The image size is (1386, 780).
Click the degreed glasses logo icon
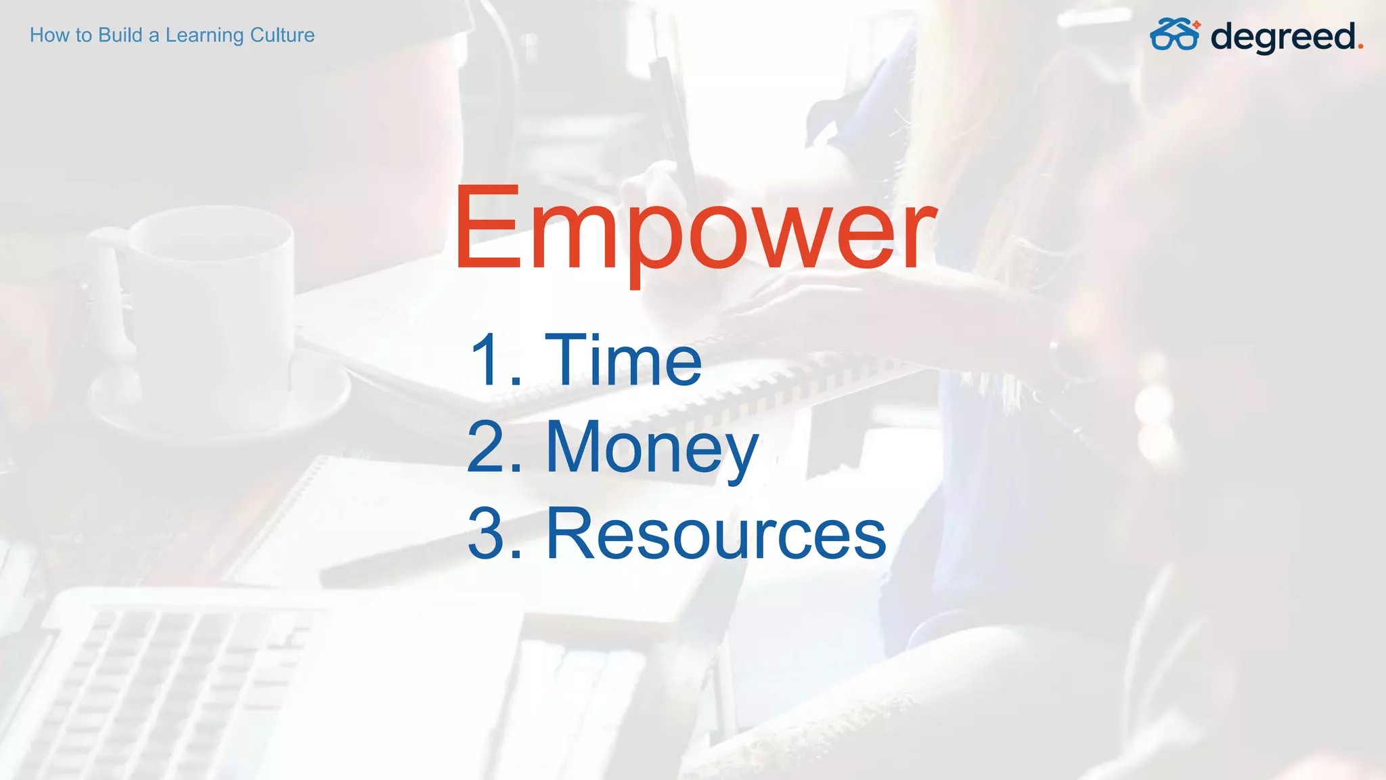point(1175,35)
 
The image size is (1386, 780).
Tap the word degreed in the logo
point(1283,37)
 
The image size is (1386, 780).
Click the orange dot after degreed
point(1360,47)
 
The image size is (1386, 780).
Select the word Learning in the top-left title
point(204,35)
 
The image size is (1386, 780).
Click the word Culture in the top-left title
point(282,35)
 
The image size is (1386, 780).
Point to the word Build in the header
point(120,35)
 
